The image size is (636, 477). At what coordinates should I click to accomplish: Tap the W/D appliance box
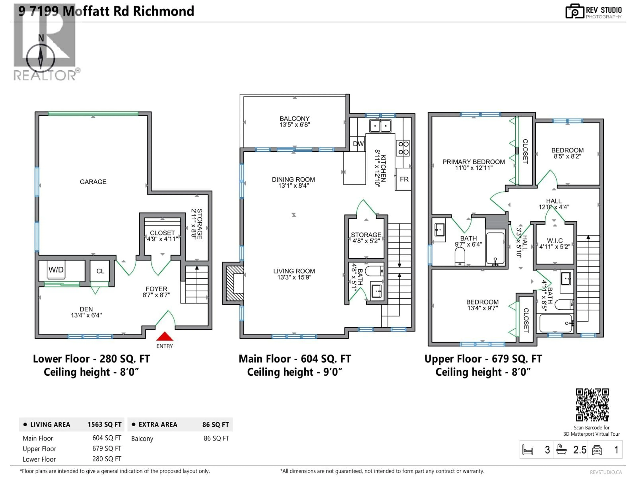pyautogui.click(x=56, y=270)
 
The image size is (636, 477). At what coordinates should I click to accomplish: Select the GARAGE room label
pyautogui.click(x=93, y=182)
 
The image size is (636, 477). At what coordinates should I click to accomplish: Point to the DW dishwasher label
pyautogui.click(x=358, y=144)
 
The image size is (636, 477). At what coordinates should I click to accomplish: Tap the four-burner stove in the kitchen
pyautogui.click(x=403, y=148)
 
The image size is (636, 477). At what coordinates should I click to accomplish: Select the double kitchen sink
pyautogui.click(x=380, y=126)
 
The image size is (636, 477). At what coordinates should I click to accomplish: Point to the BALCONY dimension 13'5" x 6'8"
pyautogui.click(x=294, y=125)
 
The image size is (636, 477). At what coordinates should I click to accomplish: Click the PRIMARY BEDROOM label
pyautogui.click(x=473, y=162)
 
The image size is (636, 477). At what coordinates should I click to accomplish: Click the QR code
pyautogui.click(x=592, y=405)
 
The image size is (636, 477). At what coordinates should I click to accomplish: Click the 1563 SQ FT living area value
pyautogui.click(x=104, y=424)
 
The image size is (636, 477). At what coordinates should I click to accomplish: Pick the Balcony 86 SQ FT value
pyautogui.click(x=216, y=438)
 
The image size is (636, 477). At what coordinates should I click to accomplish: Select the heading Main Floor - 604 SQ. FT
pyautogui.click(x=295, y=359)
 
